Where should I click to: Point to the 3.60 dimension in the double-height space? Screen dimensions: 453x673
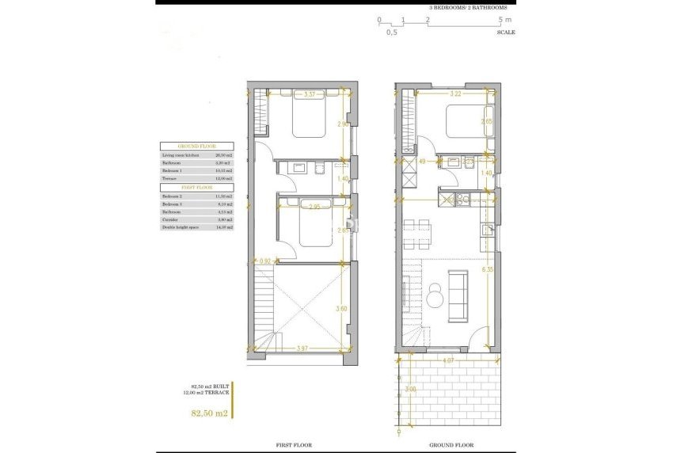pos(342,309)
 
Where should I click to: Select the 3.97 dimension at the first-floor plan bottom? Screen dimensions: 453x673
pos(302,347)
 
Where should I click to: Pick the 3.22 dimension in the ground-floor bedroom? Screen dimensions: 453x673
pos(455,94)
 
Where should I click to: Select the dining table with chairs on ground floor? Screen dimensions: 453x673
pos(417,232)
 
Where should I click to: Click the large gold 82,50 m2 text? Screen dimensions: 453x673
pos(205,413)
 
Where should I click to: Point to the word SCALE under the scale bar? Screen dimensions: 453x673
pos(506,32)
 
